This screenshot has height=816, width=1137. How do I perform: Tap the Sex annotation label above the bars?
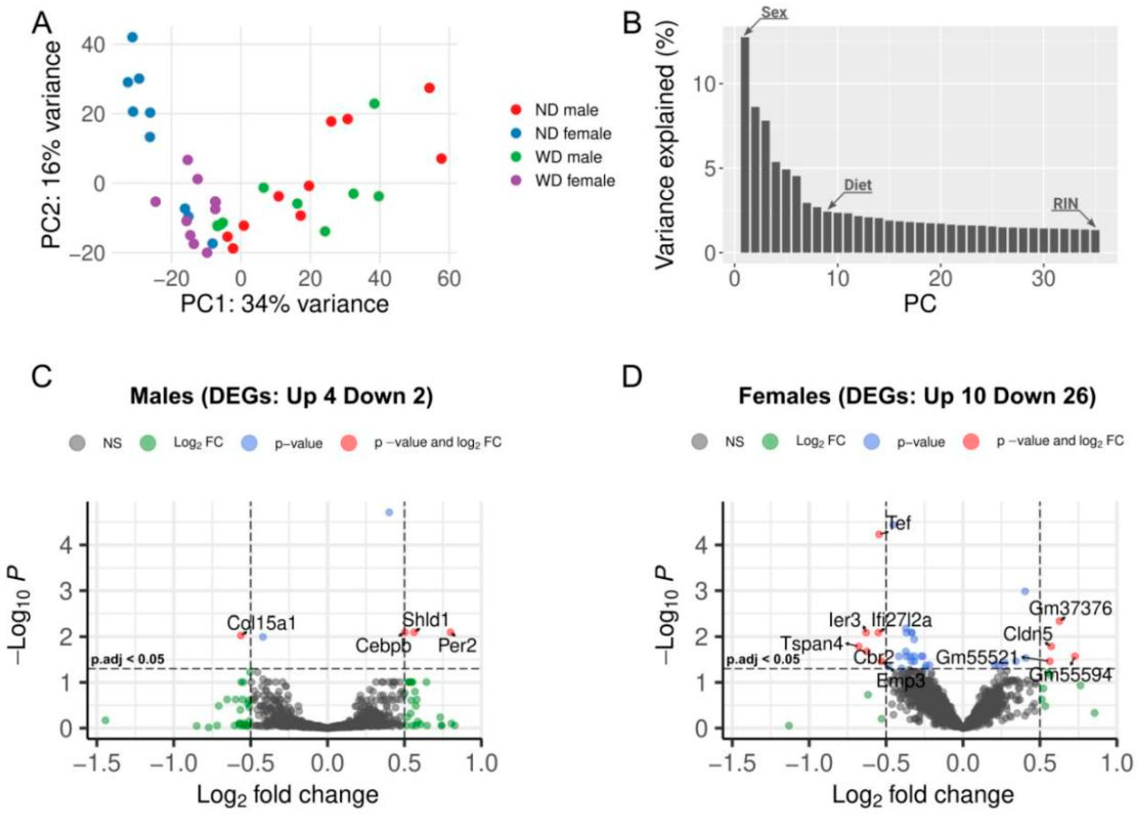click(774, 12)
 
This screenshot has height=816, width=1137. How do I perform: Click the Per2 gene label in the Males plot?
click(457, 645)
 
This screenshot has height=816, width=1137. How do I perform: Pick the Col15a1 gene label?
click(261, 623)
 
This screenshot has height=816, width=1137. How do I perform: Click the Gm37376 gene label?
click(1070, 609)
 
